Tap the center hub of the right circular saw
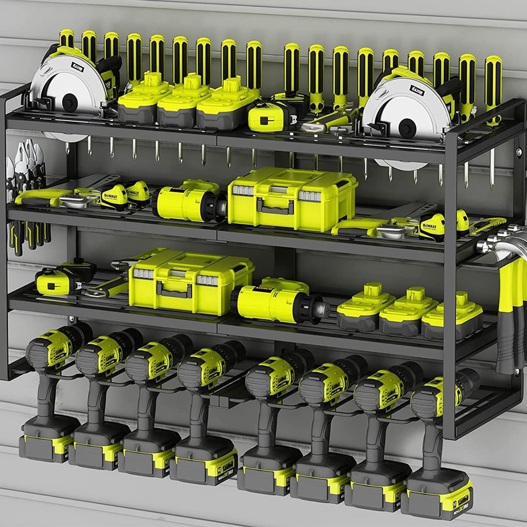[x=406, y=127]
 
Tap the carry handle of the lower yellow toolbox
[x=173, y=289]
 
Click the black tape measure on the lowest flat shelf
[x=63, y=278]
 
